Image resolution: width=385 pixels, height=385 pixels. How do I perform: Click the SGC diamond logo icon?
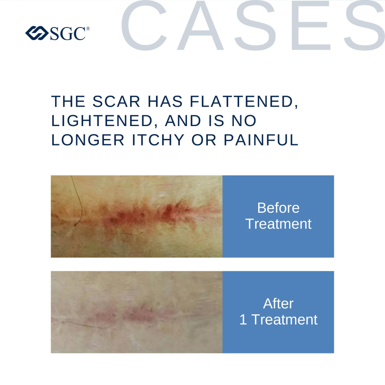point(37,33)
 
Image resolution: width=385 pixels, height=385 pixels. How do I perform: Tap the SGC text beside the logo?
point(68,33)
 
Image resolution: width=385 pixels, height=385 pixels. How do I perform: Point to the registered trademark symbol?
point(88,29)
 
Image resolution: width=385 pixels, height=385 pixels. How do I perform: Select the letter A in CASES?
point(201,25)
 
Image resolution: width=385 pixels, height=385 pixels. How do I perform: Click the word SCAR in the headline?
point(116,101)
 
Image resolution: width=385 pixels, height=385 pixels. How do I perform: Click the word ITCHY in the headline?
point(158,140)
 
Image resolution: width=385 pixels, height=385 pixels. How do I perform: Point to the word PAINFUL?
point(261,140)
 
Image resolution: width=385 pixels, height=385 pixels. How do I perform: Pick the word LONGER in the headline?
point(88,140)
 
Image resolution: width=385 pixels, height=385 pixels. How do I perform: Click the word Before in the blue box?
point(278,208)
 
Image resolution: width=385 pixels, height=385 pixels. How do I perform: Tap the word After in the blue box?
point(278,304)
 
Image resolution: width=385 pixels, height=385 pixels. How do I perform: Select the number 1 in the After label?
point(243,320)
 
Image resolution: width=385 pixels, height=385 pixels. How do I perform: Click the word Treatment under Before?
point(278,224)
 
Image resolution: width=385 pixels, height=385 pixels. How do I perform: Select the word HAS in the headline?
point(165,101)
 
